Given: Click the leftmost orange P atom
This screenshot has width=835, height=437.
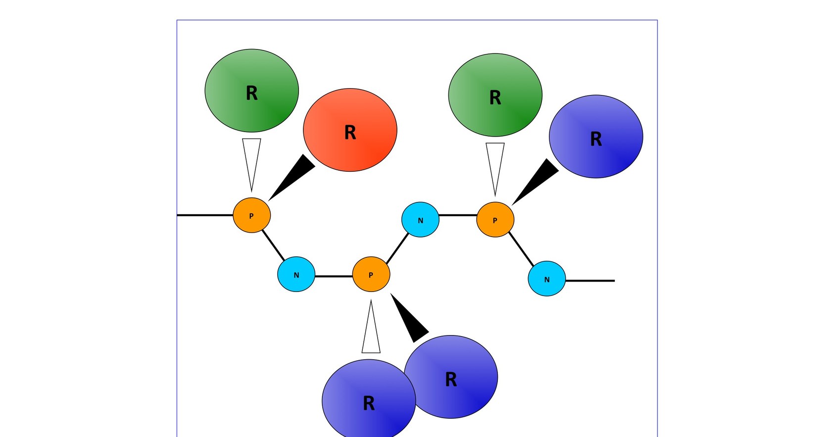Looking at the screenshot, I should tap(251, 215).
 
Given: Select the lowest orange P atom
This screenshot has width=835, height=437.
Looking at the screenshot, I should tap(371, 275).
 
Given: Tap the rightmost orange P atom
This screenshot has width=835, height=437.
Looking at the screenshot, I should tap(495, 220).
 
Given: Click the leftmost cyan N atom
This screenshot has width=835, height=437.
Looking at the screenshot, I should tap(296, 275).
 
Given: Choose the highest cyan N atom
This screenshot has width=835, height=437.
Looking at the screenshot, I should tap(420, 220).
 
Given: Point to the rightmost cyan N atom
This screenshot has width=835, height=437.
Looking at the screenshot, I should tap(546, 279).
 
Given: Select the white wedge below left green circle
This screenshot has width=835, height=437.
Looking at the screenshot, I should tap(251, 158).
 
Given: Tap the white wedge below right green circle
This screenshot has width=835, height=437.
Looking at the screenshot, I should tap(495, 163).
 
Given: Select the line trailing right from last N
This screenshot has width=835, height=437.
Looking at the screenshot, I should tap(590, 281).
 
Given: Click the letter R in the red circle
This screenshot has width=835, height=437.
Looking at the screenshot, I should tap(350, 133).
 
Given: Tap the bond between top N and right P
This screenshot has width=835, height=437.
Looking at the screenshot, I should tap(458, 215).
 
